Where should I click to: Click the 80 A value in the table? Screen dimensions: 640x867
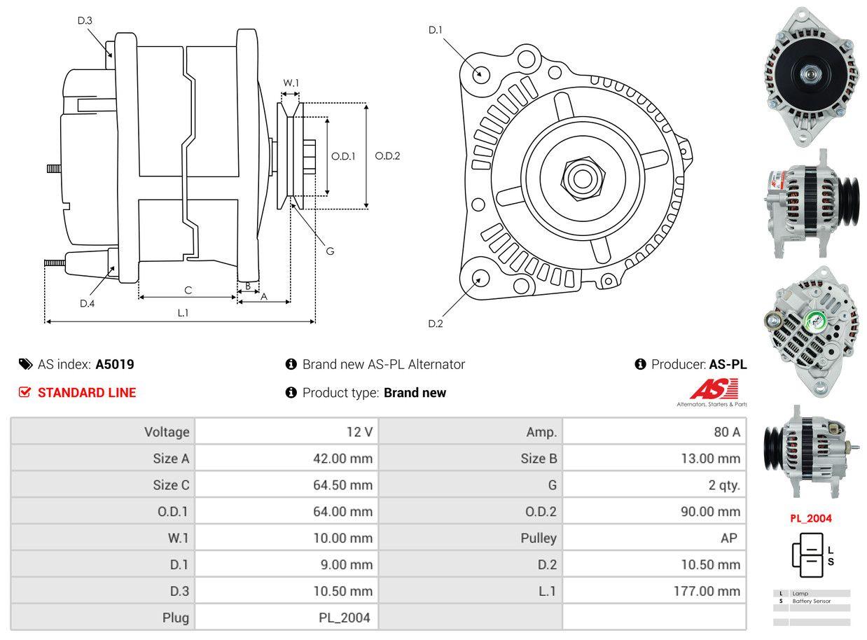point(726,432)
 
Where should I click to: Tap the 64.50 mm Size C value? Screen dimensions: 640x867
point(342,485)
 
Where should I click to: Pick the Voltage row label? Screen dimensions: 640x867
point(167,432)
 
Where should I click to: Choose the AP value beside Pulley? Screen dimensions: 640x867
point(728,538)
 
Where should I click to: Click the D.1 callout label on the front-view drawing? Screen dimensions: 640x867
point(436,29)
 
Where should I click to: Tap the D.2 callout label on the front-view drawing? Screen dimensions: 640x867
point(436,324)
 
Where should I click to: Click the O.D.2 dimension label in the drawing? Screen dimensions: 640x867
point(387,155)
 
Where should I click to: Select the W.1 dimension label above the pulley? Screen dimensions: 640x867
point(291,83)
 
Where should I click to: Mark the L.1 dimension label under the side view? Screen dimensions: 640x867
point(182,313)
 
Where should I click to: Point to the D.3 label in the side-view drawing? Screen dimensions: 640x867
point(85,20)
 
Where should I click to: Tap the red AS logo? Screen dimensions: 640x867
point(714,389)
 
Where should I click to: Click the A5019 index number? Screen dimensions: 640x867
point(115,364)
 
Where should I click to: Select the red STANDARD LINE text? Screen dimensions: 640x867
point(87,393)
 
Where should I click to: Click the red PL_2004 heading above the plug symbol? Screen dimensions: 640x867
point(811,518)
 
